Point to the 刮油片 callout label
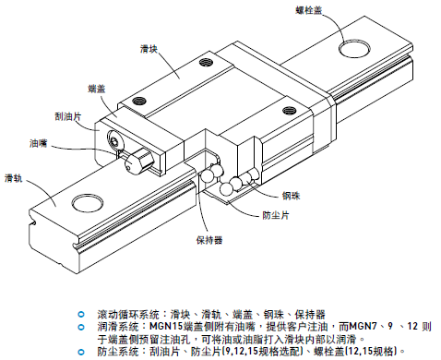pos(57,116)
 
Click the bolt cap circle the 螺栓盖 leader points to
pos(354,45)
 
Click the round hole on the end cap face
pos(116,140)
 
